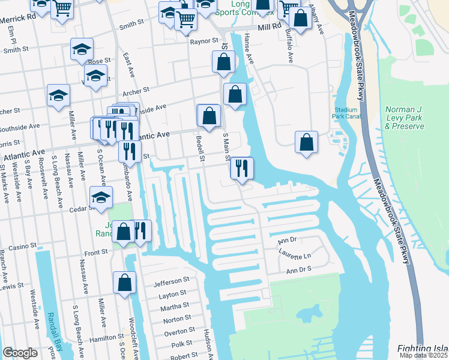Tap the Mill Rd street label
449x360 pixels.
269,27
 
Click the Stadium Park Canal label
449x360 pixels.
346,113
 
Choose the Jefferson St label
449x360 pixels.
171,280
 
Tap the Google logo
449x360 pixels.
20,353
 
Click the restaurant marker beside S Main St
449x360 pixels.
242,167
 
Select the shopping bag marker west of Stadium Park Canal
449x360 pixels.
306,143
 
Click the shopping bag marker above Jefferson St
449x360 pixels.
124,282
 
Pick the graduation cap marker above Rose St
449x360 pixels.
82,49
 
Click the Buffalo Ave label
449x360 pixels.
290,48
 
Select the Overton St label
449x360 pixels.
176,332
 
